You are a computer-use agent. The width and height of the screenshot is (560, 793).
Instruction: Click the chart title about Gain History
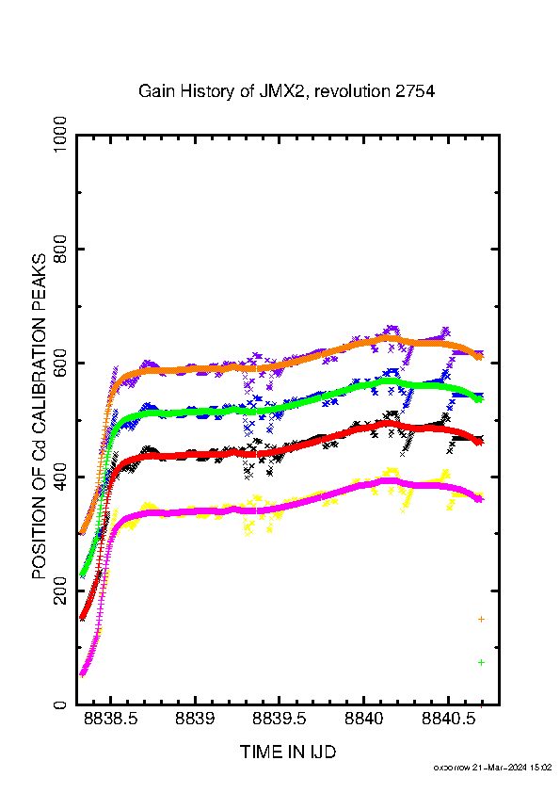(286, 91)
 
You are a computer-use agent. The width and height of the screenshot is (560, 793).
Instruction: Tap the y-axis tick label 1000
(59, 136)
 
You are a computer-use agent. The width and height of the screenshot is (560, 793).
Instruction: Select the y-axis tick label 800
(59, 249)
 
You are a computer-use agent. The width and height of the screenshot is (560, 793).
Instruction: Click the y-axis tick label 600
(59, 364)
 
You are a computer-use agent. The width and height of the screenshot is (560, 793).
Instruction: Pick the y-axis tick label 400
(59, 477)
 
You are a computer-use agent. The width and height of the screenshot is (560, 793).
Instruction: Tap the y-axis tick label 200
(59, 591)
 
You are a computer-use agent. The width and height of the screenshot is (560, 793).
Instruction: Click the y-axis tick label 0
(59, 704)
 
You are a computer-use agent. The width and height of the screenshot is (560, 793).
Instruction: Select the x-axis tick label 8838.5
(111, 719)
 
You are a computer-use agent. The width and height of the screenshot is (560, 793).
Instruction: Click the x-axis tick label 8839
(195, 719)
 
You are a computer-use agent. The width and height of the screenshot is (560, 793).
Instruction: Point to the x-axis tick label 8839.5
(279, 719)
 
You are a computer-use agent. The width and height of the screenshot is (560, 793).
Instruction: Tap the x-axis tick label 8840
(364, 719)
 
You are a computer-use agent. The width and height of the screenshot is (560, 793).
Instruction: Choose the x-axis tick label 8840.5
(448, 719)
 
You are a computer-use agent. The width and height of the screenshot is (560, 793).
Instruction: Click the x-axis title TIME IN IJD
(288, 753)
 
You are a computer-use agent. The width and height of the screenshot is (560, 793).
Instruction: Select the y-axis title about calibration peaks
(39, 416)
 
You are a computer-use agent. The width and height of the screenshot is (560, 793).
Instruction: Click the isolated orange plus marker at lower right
(481, 619)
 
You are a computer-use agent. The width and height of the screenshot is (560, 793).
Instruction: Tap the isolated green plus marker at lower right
(481, 662)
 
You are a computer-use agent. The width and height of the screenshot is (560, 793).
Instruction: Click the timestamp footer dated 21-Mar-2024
(493, 768)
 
